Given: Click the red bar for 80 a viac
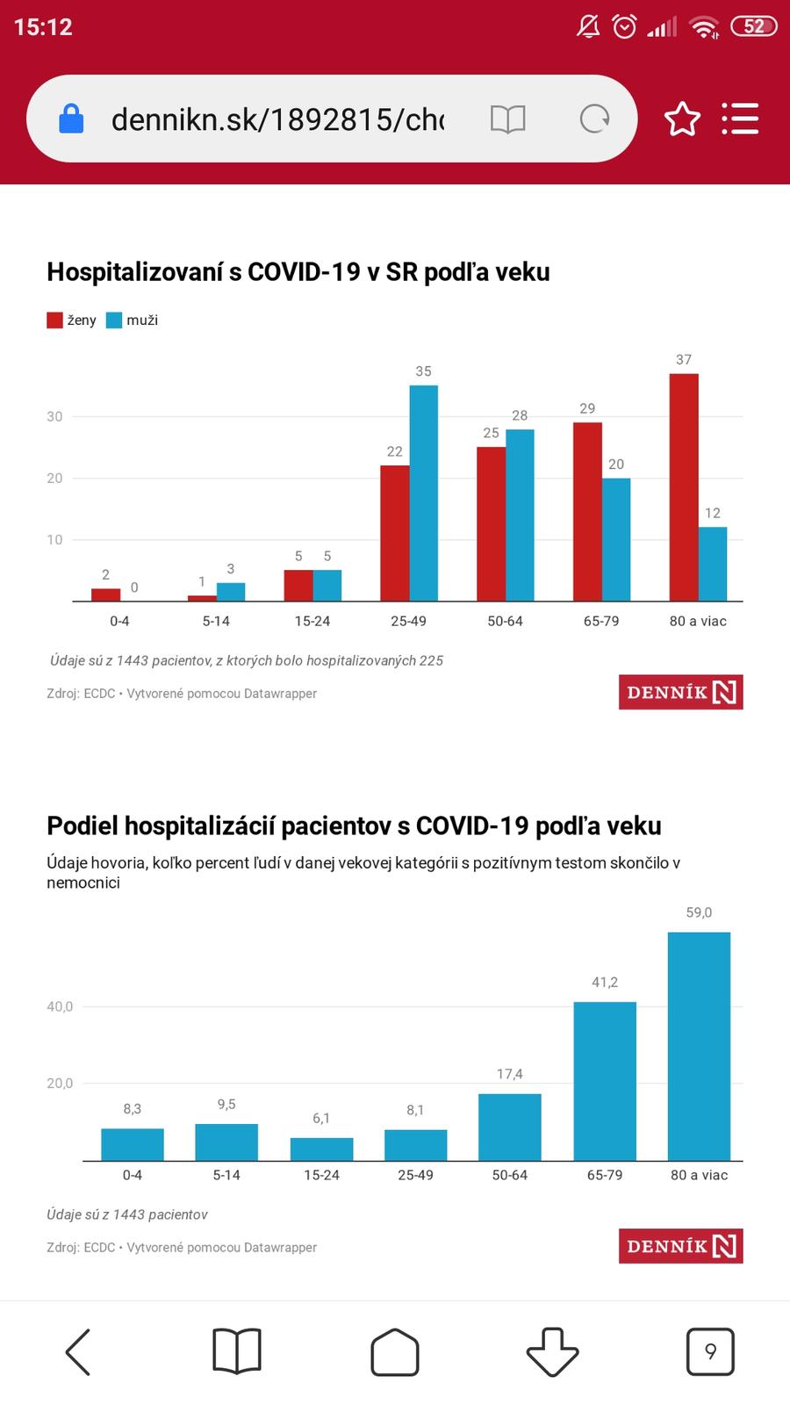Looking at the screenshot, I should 684,487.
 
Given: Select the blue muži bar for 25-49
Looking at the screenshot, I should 423,493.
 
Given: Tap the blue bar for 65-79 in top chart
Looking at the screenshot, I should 616,539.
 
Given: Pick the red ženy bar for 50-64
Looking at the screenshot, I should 492,523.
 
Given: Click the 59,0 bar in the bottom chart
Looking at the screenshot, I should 699,1046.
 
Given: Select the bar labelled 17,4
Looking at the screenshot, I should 510,1127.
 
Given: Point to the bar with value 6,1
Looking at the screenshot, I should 321,1149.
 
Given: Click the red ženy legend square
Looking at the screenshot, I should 54,321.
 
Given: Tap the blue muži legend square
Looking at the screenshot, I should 114,321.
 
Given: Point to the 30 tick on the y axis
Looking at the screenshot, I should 54,416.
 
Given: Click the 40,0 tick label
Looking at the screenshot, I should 60,1006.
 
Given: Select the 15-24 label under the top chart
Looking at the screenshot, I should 312,621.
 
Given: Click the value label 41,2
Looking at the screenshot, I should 605,982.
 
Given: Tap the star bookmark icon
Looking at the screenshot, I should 682,119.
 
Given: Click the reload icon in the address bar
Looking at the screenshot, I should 594,119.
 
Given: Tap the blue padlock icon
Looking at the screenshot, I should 71,119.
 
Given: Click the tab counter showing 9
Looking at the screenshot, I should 710,1351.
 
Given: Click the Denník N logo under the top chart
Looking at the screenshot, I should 680,692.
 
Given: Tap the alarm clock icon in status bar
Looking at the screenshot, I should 624,26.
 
